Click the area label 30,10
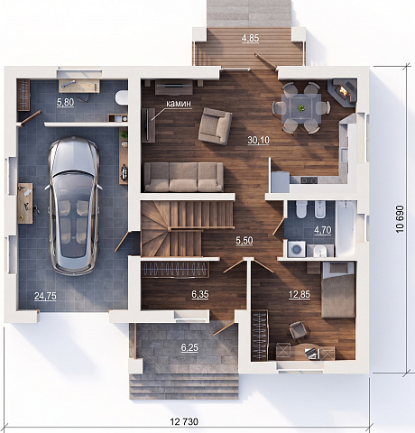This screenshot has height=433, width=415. coord(258,140)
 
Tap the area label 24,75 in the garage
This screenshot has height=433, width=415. coord(45,296)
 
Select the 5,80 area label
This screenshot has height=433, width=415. coord(65,102)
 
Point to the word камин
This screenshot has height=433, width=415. coord(179,104)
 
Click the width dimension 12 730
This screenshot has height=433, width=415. coord(184,422)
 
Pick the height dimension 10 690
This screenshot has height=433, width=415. coord(400,219)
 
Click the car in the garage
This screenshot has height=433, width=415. coord(74,206)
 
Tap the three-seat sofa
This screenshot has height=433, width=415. coord(184,177)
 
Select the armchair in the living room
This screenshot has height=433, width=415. coord(215,126)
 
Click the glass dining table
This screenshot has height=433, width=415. coord(301,108)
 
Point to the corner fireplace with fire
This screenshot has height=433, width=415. coord(344,91)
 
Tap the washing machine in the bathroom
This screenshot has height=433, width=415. coord(297,249)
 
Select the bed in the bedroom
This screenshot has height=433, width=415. coord(338,290)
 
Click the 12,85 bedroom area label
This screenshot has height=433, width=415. coord(300,294)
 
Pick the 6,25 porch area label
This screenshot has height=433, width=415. coord(189,347)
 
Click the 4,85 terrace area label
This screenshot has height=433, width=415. coord(250,39)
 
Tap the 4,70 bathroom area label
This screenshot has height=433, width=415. coord(323,230)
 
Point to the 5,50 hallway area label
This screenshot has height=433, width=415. coord(244,241)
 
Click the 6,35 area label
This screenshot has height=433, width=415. coord(200,294)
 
